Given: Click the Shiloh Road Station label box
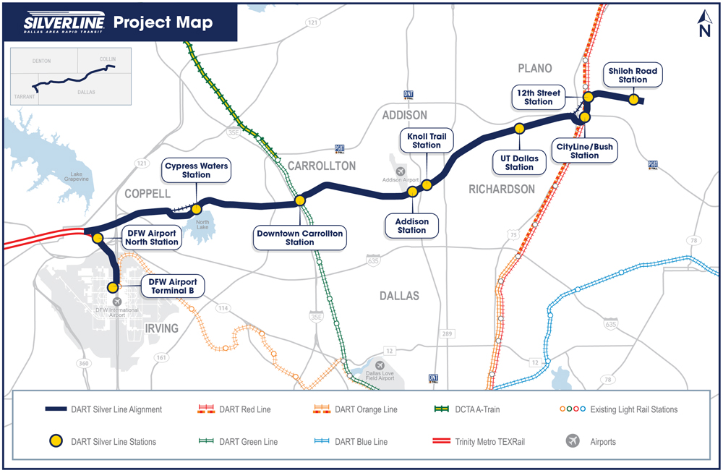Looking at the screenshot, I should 633,75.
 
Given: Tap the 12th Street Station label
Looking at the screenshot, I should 539,97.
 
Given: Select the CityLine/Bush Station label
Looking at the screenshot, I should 584,151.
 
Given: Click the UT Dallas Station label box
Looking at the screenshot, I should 519,162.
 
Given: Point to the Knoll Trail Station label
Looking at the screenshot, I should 427,140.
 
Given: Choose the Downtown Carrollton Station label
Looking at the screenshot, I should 299,237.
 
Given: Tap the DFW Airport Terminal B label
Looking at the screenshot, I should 173,286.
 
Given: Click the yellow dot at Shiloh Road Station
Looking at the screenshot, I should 633,100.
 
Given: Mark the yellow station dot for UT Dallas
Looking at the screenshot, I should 519,129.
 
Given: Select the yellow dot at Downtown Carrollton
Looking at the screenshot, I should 299,200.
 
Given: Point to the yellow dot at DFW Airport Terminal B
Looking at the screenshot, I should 114,287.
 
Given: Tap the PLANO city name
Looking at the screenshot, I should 535,68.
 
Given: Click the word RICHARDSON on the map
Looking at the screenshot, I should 502,189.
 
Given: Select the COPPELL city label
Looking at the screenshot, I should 147,194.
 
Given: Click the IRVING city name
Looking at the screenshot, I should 161,328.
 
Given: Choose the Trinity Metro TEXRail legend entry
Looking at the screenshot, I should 495,441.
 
